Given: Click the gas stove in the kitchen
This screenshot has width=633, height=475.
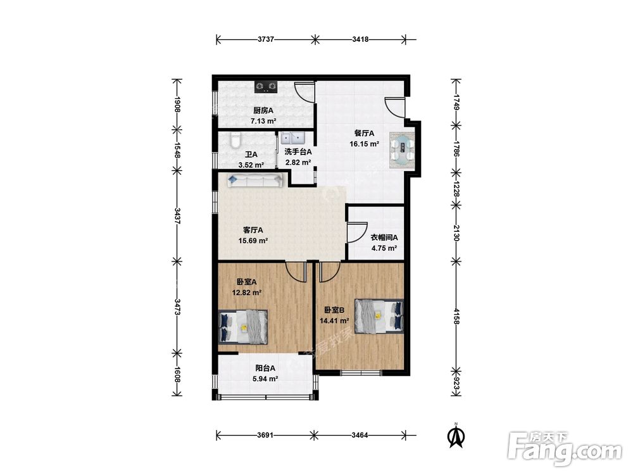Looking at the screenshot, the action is pos(266,87).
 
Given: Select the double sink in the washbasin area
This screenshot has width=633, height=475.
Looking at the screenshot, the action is pos(294,137).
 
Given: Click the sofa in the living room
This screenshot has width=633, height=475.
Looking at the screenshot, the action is pos(254,180).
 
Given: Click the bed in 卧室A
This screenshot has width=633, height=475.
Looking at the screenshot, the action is pos(243,327).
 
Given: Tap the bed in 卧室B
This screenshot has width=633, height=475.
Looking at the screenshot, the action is pos(379,316).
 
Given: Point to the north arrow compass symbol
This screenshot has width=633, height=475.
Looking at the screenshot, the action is pos(456,436).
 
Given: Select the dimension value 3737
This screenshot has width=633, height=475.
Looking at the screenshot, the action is pos(266,39).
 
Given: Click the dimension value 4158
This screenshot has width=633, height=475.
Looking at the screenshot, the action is pos(456,316).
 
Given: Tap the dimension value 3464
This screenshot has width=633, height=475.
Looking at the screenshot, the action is pos(360,436).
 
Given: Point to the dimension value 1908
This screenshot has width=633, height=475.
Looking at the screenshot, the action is pos(177,104).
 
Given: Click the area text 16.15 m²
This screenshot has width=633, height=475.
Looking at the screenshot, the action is pos(364,143).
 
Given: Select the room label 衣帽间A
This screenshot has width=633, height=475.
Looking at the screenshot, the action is pos(384,237).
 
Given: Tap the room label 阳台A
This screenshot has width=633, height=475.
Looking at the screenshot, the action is pos(265,368).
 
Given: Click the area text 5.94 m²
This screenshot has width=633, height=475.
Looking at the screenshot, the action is pos(265,379).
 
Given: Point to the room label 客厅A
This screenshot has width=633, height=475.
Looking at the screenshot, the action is pos(253,230).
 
